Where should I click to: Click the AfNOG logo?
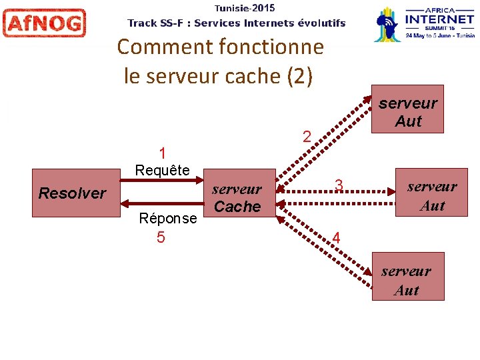[x=44, y=23]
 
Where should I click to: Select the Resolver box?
[x=72, y=193]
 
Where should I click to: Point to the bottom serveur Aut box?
[x=407, y=280]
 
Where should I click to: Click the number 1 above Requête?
[x=162, y=153]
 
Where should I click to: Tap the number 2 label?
[x=307, y=137]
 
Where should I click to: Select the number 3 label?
[x=339, y=185]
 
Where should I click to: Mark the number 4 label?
[x=336, y=238]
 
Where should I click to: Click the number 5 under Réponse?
[x=161, y=237]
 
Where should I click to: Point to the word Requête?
[x=162, y=170]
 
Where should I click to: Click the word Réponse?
[x=167, y=218]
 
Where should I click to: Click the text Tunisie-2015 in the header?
[x=245, y=8]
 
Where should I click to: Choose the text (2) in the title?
[x=299, y=76]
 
